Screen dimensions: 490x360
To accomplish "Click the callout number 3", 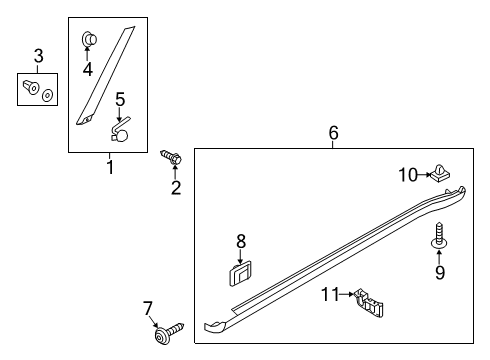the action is (39, 56).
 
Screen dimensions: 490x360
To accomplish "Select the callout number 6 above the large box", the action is (333, 133).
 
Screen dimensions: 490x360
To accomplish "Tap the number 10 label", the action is (408, 175).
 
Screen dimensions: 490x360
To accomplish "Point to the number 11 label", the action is (330, 294).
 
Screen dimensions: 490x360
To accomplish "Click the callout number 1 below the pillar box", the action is (110, 167).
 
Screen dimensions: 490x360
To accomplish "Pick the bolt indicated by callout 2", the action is (171, 157).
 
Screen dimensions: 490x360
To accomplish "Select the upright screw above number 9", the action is (439, 235).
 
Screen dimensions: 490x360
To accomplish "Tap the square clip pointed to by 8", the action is (240, 274).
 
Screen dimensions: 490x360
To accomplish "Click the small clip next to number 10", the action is (440, 172).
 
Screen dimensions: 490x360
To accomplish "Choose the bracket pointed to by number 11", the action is (368, 302).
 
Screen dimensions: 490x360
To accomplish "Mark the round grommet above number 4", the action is (89, 39).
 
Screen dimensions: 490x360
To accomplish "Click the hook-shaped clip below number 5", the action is (120, 130).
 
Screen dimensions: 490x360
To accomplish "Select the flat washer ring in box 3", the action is (47, 96).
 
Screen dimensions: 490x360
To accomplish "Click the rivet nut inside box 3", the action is (31, 87).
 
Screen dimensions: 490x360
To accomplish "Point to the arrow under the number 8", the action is (240, 257).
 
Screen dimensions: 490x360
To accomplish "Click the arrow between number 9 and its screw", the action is (439, 257).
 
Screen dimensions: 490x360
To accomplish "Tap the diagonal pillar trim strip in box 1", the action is (106, 76).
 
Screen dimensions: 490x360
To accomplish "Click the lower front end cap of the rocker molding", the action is (216, 325).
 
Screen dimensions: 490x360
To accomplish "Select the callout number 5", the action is (120, 99).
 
